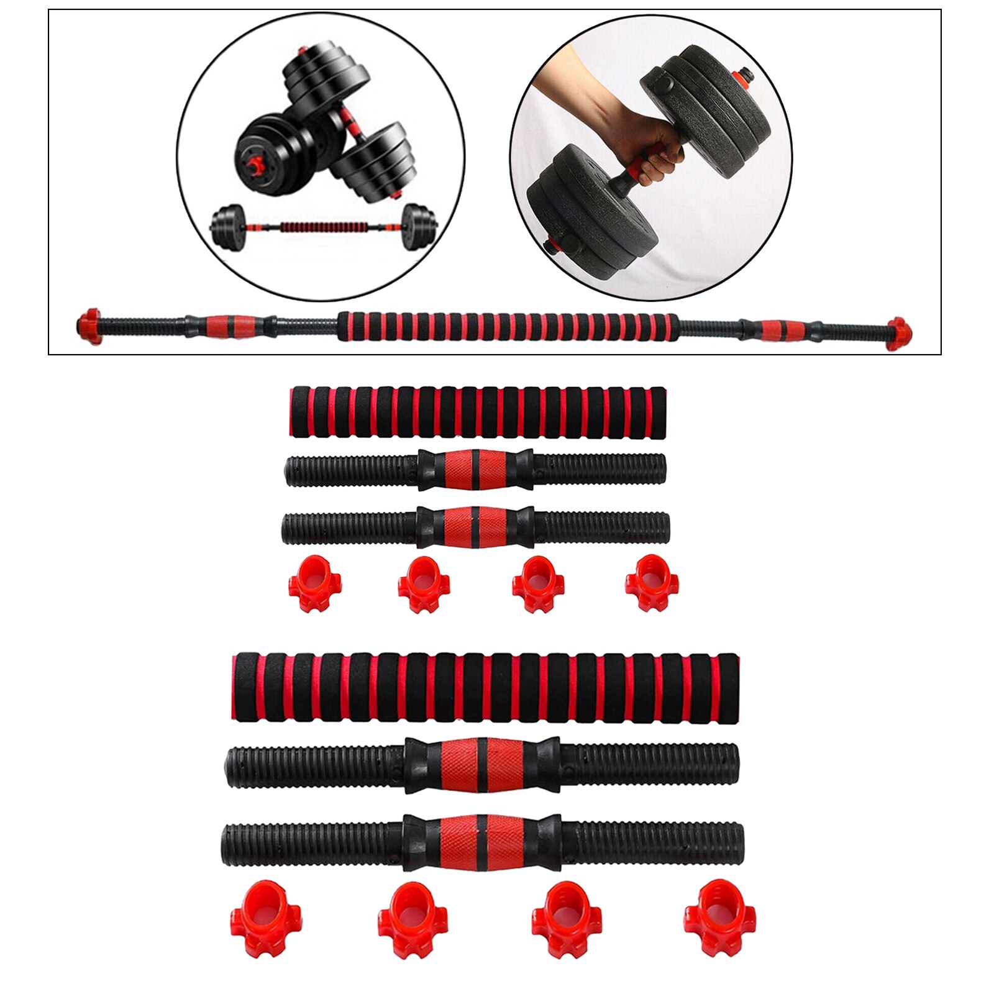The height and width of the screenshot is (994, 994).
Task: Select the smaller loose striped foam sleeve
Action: click(478, 412)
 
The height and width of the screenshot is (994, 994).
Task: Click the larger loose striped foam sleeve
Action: click(485, 686)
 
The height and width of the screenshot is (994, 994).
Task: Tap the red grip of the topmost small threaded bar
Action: click(475, 470)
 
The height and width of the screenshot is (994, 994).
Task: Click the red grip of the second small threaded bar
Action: click(475, 527)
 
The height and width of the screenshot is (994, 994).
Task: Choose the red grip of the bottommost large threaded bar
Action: click(481, 842)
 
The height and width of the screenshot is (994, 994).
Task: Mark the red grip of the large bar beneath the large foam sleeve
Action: click(481, 765)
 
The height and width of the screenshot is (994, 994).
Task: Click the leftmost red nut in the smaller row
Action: click(315, 583)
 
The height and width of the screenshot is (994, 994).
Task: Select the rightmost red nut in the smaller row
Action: click(652, 583)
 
